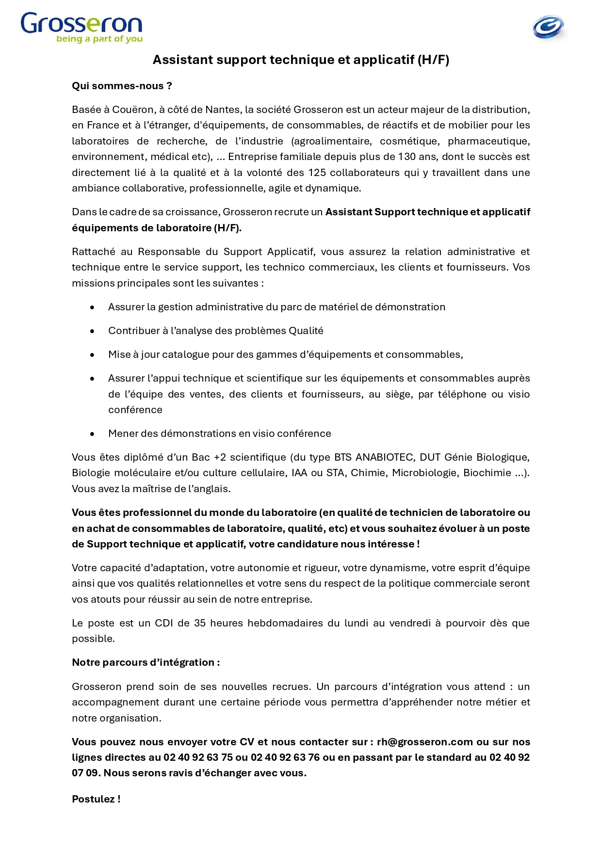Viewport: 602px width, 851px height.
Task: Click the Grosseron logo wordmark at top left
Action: coord(81,23)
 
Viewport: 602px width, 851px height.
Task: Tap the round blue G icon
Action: coord(548,27)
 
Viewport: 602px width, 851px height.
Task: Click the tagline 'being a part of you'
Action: coord(99,39)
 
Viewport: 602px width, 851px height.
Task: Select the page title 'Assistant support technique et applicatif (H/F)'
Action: coord(301,60)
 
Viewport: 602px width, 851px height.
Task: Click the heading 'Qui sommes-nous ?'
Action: coord(122,86)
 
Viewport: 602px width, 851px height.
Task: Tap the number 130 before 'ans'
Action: coord(407,157)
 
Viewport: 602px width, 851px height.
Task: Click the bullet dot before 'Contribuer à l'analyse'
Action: coord(92,331)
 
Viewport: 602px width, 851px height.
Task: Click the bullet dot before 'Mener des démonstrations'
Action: coord(92,434)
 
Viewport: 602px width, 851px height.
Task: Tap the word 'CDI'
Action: coord(163,623)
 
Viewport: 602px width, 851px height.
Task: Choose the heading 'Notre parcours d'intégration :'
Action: coord(146,662)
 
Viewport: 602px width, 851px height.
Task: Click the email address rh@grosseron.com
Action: coord(424,742)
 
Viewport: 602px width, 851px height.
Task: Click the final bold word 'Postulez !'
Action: coord(96,799)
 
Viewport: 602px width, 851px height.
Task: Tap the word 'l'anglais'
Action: coord(209,489)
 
